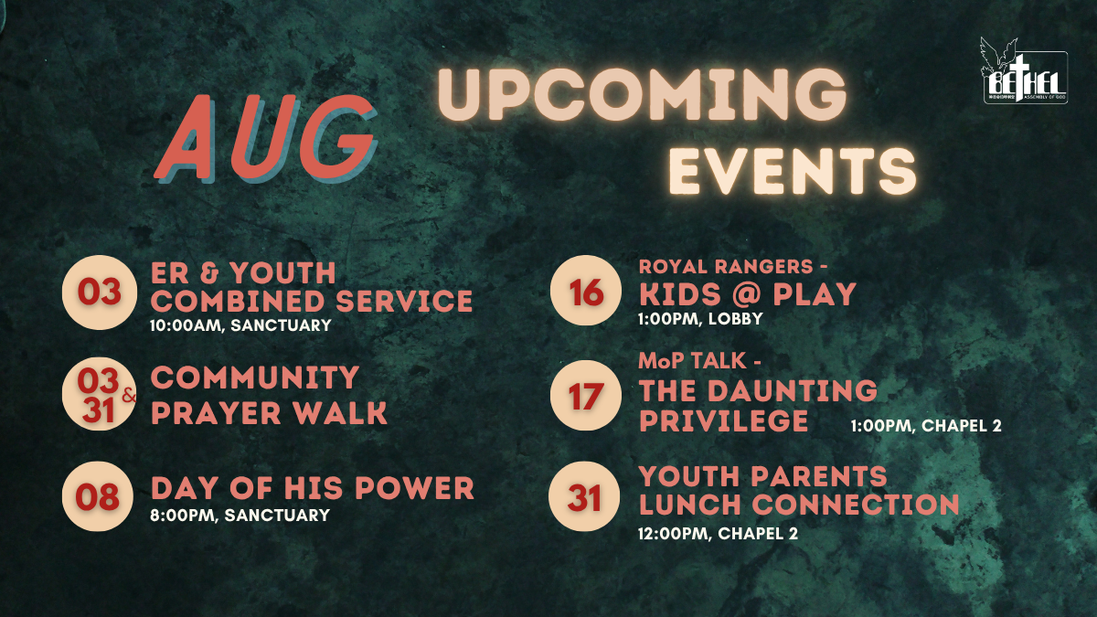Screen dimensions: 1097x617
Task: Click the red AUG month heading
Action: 265,138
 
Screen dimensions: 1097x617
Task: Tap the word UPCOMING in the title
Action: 643,95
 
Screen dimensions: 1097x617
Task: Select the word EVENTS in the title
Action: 793,171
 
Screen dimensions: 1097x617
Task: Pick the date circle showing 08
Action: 98,496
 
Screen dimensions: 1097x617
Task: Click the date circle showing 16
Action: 586,291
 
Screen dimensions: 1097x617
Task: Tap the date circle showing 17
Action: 586,396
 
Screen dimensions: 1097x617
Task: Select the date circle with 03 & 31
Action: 99,395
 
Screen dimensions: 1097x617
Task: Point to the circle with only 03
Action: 100,293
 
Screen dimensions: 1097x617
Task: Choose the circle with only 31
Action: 584,496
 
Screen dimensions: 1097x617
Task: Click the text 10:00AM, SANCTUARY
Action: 240,325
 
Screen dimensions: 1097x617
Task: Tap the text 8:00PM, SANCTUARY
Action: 240,516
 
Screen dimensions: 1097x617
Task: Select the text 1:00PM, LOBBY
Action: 700,319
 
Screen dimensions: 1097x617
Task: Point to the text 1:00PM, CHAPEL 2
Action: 926,426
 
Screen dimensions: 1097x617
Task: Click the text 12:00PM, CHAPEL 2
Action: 718,533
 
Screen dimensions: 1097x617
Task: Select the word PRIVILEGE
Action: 724,420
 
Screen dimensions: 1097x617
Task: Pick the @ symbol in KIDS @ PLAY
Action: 748,294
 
